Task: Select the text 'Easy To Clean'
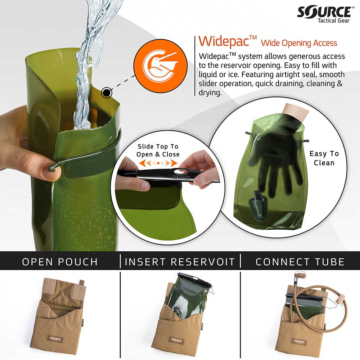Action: [x=324, y=158]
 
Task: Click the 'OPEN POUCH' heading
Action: [x=60, y=262]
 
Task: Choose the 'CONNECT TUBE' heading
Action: [x=300, y=262]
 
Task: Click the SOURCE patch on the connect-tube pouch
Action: [x=300, y=341]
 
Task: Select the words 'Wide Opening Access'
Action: [x=299, y=43]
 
